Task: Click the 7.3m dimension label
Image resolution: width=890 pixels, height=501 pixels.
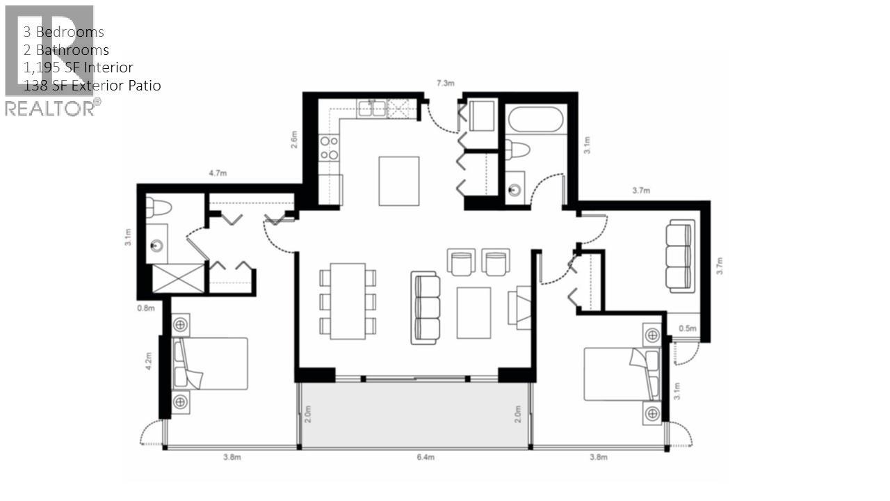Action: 445,83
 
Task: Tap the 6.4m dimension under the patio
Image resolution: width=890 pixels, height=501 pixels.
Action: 426,457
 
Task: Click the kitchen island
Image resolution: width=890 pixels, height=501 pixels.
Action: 398,181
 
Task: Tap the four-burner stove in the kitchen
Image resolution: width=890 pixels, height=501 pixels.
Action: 328,148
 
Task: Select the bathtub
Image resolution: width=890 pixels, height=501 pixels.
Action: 535,120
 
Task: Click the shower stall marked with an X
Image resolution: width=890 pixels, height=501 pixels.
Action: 178,278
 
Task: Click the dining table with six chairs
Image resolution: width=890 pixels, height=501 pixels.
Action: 348,301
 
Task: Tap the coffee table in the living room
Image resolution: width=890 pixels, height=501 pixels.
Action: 474,312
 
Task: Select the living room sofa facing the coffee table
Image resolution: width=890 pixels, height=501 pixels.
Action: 426,308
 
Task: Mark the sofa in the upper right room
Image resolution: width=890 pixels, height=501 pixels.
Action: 679,256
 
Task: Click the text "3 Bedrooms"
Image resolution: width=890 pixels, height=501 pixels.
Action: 64,32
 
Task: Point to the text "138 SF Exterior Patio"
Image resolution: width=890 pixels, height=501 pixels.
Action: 92,86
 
